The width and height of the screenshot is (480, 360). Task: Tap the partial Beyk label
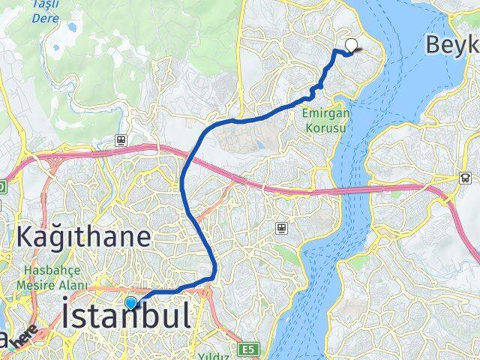click(452, 45)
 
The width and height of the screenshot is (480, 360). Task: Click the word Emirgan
click(322, 113)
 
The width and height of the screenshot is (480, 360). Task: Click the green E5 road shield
click(248, 349)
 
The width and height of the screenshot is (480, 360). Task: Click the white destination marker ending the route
click(350, 45)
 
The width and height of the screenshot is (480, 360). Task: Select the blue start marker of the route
click(131, 303)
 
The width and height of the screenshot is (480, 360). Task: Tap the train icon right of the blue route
click(281, 226)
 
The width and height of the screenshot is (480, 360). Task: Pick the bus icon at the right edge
click(466, 178)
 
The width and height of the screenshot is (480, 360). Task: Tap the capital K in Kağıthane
click(25, 238)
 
